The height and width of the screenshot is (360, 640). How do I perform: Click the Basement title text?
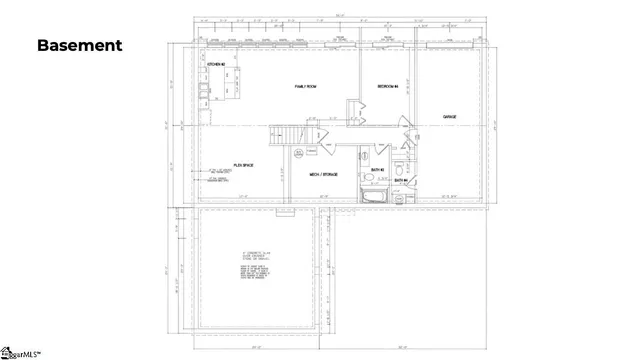80,45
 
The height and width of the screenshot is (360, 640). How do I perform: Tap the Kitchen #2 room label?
214,65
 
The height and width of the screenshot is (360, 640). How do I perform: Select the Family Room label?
307,87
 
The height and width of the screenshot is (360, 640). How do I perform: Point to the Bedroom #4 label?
388,87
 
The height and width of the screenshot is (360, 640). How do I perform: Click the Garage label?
450,117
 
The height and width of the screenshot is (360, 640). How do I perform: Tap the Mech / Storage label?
323,174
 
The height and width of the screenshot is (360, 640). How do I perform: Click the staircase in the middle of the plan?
285,134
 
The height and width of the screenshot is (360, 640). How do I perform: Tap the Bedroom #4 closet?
354,109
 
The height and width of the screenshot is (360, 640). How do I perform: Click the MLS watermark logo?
22,352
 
